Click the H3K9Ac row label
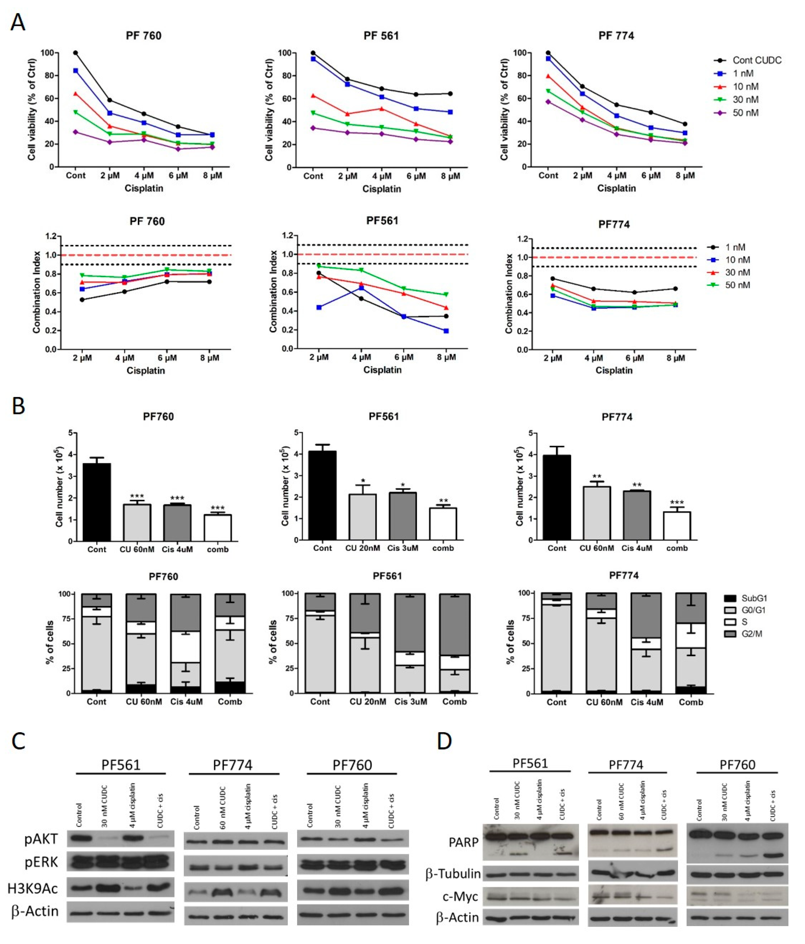33,888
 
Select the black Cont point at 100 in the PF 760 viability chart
76,53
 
